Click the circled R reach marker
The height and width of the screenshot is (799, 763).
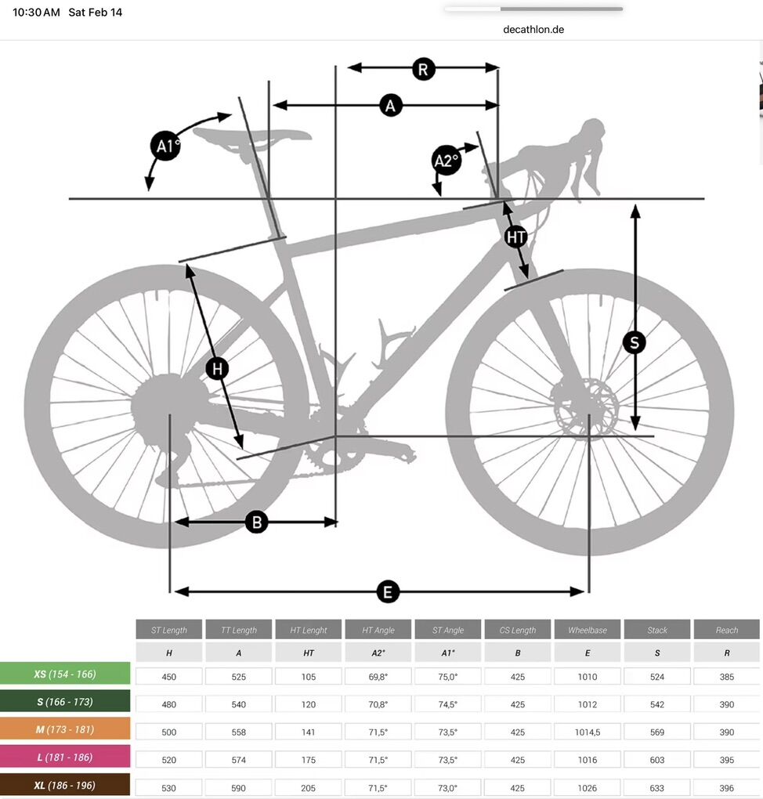click(x=423, y=69)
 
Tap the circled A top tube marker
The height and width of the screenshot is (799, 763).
click(x=390, y=106)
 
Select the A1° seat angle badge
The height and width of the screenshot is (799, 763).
click(x=166, y=146)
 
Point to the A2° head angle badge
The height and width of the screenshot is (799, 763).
click(x=447, y=161)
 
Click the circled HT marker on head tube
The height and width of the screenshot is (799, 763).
click(x=515, y=237)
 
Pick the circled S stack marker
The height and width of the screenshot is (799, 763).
click(x=634, y=342)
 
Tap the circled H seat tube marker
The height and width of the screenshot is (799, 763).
click(x=217, y=368)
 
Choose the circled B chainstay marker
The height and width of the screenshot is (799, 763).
click(x=257, y=522)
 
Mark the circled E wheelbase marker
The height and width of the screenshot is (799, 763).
click(x=387, y=592)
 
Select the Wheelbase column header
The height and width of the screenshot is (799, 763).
click(x=588, y=630)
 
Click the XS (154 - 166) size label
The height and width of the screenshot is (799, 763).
click(x=65, y=674)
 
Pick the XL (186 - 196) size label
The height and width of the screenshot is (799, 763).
click(x=65, y=785)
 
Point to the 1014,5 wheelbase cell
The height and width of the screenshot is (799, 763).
click(x=588, y=732)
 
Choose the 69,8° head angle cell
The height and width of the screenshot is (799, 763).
click(x=378, y=677)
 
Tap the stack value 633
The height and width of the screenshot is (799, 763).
click(x=657, y=788)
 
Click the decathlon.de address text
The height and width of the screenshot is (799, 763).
click(x=533, y=30)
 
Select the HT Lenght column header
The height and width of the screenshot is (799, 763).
click(x=309, y=630)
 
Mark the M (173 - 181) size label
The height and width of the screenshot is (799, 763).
click(x=65, y=729)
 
